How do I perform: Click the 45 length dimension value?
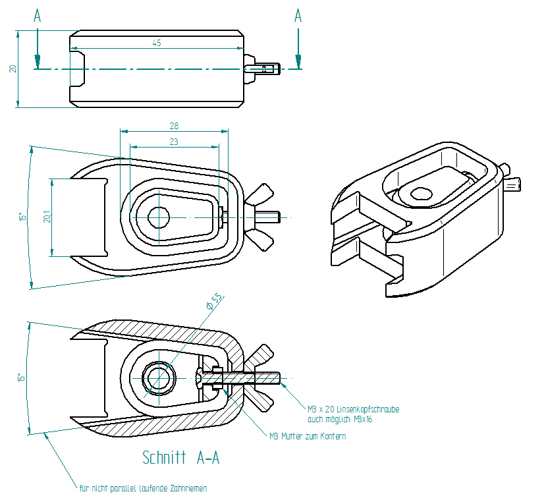(156, 43)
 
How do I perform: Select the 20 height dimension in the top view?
(13, 69)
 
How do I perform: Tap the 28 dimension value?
(174, 125)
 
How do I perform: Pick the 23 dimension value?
(174, 141)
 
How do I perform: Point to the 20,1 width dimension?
(47, 217)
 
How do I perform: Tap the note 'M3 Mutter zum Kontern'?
(308, 436)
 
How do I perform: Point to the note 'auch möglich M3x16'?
(339, 419)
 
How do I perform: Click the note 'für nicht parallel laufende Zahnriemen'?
(143, 488)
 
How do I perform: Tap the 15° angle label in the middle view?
(21, 217)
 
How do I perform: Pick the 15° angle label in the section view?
(21, 378)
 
